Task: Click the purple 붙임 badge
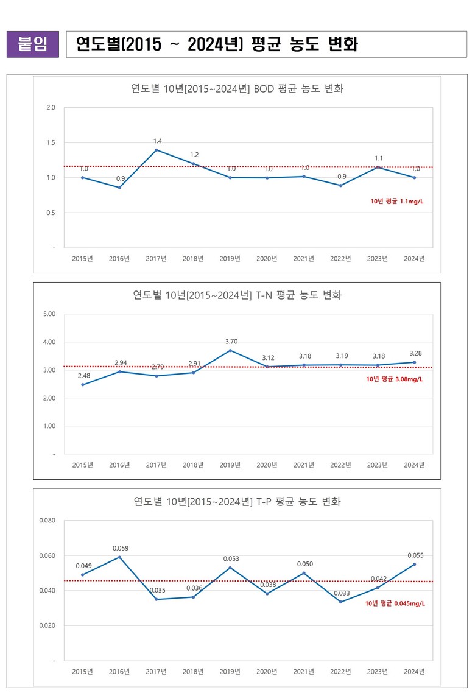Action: tap(33, 44)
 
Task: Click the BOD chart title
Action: tap(237, 88)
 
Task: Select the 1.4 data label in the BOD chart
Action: tap(157, 141)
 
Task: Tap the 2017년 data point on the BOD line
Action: tap(157, 150)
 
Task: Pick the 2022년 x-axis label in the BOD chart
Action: tap(340, 259)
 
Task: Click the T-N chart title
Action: tap(237, 295)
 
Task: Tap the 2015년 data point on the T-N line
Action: tap(83, 384)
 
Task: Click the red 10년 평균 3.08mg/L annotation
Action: tap(394, 379)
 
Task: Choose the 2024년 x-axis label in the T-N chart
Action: tap(414, 465)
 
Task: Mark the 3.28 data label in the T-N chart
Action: tap(415, 353)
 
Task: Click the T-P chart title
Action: tap(237, 502)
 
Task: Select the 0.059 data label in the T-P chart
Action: tap(120, 548)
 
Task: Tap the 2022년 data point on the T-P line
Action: tap(340, 602)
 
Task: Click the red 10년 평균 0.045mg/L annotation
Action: tap(395, 604)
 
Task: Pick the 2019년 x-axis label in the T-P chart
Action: tap(230, 672)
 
